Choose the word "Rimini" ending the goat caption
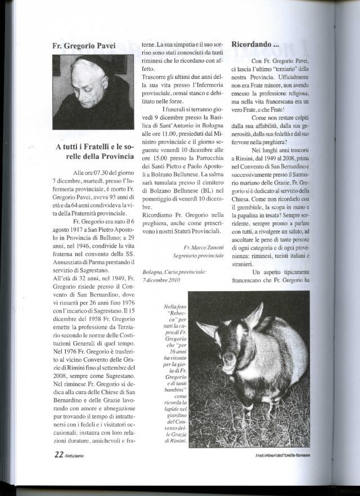coord(177,447)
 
